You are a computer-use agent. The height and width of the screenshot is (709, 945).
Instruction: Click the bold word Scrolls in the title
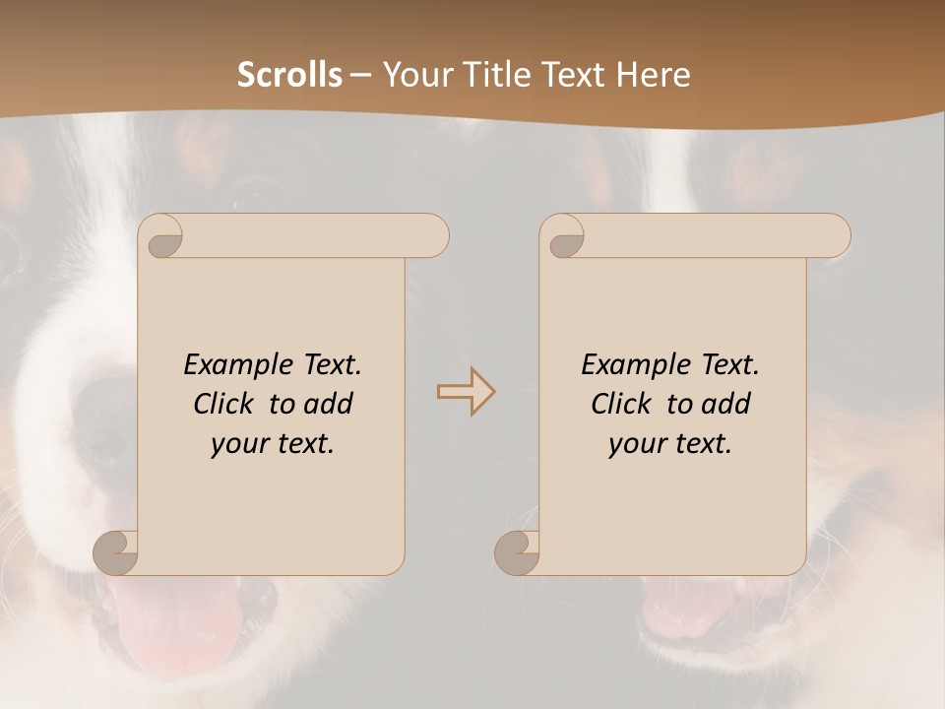click(289, 74)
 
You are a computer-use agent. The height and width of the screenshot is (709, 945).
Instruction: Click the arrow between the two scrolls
click(466, 391)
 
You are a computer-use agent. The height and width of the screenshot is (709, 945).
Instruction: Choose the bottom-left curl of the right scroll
click(518, 551)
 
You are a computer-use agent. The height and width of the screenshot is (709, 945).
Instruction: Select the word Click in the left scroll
click(225, 404)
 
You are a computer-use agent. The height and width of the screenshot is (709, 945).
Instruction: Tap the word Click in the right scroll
click(621, 404)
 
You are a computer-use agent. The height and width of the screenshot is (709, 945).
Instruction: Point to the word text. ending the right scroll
click(701, 444)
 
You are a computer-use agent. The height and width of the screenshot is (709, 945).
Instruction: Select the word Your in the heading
click(414, 74)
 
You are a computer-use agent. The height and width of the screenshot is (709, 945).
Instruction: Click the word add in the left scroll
click(330, 404)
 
